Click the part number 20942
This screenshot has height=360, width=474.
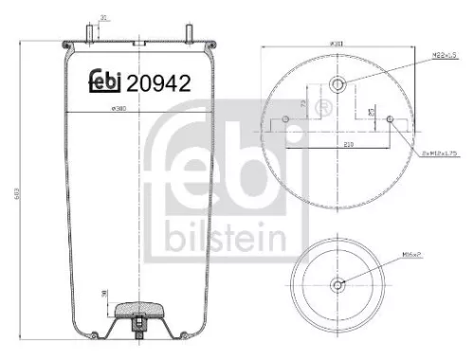click(159, 82)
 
